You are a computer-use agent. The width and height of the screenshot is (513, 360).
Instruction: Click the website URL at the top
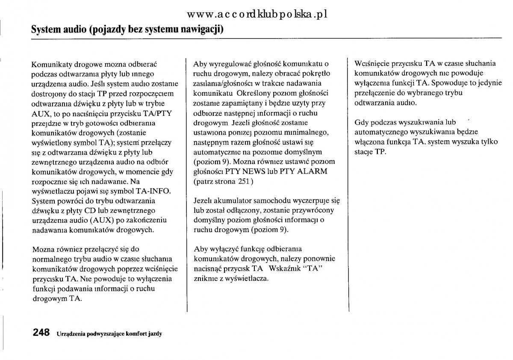pos(257,14)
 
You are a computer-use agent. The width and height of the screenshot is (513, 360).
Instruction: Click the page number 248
pos(41,333)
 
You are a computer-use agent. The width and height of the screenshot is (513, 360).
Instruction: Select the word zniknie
pos(204,278)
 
